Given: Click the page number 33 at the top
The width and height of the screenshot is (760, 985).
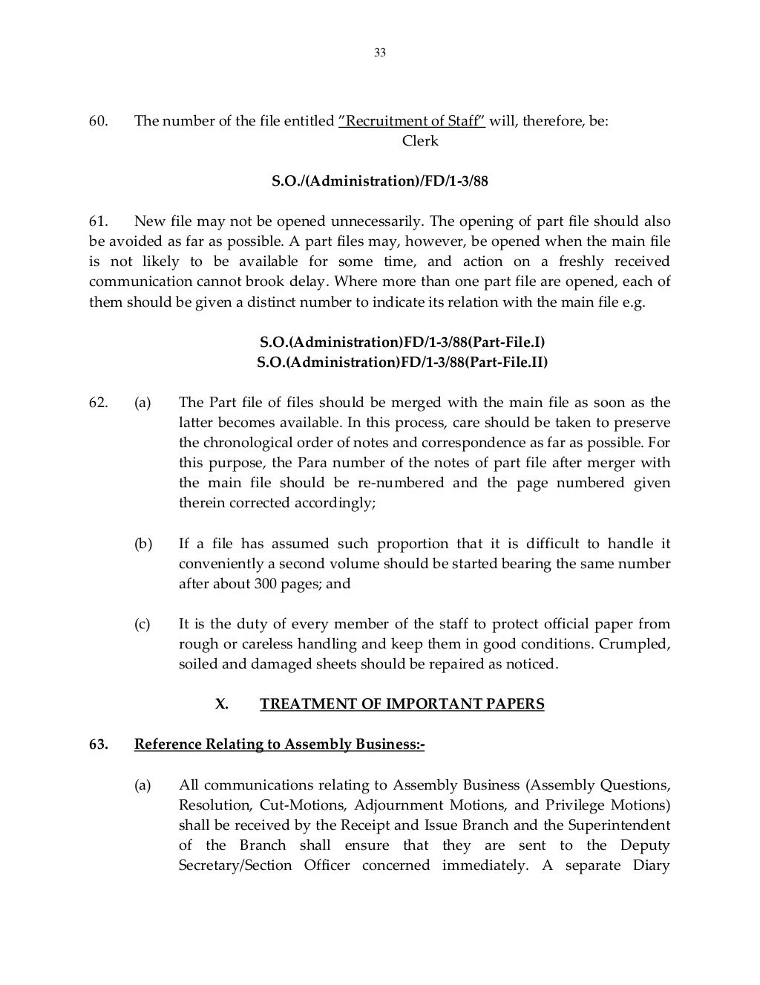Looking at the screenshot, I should coord(380,53).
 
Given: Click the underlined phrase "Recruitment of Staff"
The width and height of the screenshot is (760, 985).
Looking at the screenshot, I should coord(412,121).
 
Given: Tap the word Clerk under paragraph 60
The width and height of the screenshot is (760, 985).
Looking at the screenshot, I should coord(420,141).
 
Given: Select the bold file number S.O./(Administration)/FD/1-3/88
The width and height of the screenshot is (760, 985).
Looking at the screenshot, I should coord(380,181).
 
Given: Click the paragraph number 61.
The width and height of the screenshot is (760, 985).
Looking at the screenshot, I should coord(99,221).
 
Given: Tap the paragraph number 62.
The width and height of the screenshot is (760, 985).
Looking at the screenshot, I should coord(99,403).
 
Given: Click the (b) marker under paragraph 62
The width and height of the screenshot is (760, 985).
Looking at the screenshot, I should coord(142,544).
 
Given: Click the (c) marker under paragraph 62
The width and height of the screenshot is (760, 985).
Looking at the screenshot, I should coord(142,624).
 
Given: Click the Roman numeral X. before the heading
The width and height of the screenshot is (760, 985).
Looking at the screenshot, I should coord(221,704).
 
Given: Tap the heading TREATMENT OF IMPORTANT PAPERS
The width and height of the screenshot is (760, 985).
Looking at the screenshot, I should coord(402,704).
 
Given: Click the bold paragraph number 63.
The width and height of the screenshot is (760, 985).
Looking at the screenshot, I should coord(99,744).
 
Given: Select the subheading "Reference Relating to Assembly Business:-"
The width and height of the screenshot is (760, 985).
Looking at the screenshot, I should coord(279,744).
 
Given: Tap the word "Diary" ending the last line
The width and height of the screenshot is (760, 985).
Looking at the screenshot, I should coord(652,865).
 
